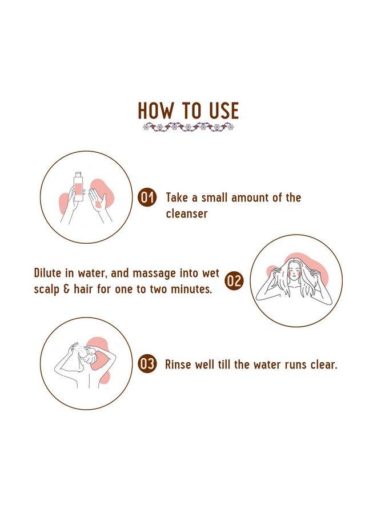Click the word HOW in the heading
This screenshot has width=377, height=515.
click(x=155, y=110)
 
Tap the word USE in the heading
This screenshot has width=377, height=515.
click(x=223, y=110)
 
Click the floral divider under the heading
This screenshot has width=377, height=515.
click(x=188, y=126)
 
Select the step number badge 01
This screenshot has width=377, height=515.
click(x=147, y=198)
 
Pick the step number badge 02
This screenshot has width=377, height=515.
click(x=234, y=281)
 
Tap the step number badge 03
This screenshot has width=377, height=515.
click(x=147, y=365)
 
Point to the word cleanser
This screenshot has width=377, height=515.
click(x=187, y=214)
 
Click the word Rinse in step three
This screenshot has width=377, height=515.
click(x=177, y=365)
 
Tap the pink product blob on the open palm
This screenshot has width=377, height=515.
click(x=97, y=205)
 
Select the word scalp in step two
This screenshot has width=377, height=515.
click(x=47, y=290)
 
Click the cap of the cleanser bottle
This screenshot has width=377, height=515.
click(x=78, y=174)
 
